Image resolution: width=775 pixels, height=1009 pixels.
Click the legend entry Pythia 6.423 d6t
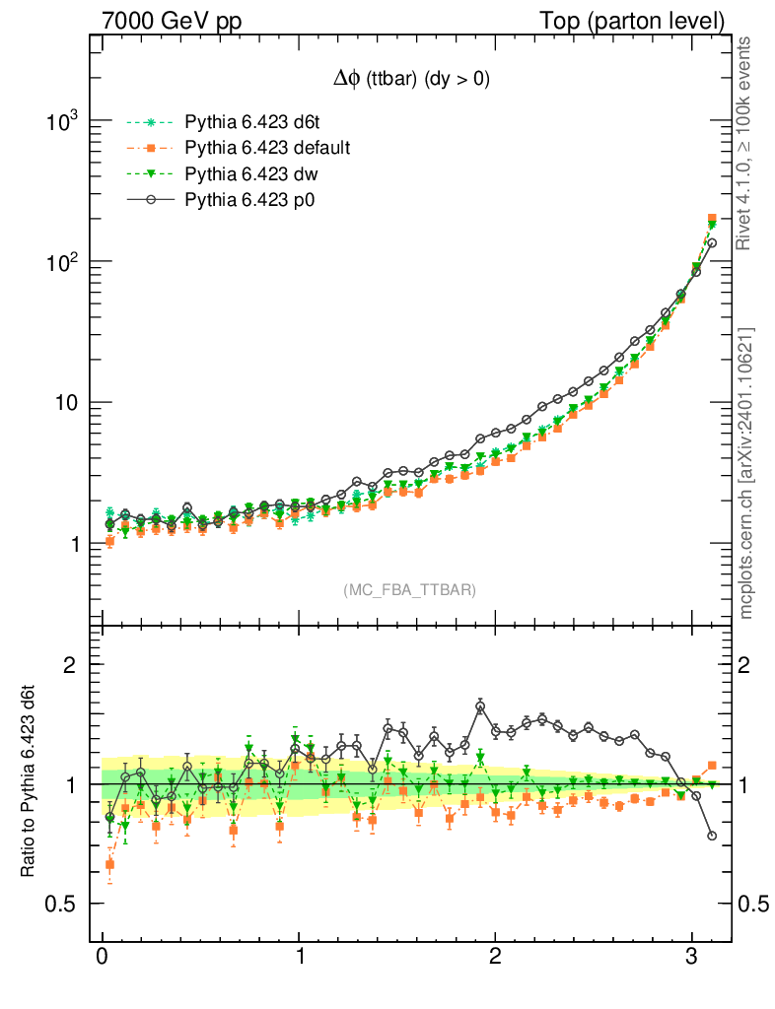point(245,123)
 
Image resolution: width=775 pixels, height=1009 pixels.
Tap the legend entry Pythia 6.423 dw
point(243,174)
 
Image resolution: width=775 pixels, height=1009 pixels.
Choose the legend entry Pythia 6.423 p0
point(242,200)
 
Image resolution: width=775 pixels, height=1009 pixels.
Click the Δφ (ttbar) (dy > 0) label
point(410,81)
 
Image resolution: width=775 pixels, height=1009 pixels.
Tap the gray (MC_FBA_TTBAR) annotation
point(410,589)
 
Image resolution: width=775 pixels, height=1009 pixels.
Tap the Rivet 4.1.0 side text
point(745,144)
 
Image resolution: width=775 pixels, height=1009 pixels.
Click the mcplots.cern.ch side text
point(745,472)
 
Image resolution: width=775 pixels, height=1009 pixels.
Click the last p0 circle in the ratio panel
point(712,836)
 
